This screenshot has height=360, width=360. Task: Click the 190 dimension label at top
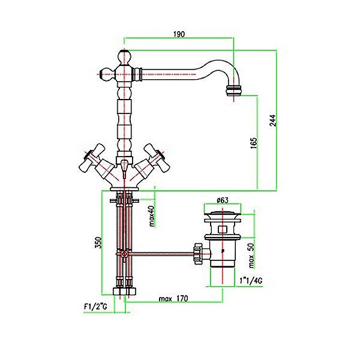click(x=179, y=34)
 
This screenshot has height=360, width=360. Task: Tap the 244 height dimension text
click(x=273, y=121)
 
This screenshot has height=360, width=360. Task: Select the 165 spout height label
click(x=254, y=143)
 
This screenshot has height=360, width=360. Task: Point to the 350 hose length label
click(x=98, y=242)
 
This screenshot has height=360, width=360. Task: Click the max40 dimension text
click(x=152, y=216)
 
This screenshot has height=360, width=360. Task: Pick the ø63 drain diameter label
click(x=223, y=200)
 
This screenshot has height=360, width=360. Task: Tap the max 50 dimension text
click(x=251, y=256)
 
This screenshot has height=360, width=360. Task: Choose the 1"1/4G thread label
click(x=251, y=281)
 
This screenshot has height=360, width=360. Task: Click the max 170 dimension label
click(x=173, y=298)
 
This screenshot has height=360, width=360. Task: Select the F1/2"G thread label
click(x=95, y=307)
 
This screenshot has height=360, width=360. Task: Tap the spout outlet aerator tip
click(x=233, y=91)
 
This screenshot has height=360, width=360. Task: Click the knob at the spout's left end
click(x=107, y=74)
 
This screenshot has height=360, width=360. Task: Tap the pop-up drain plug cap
click(x=223, y=214)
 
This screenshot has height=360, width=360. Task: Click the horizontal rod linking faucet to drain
click(x=161, y=254)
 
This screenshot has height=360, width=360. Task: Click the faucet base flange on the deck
click(x=124, y=189)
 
